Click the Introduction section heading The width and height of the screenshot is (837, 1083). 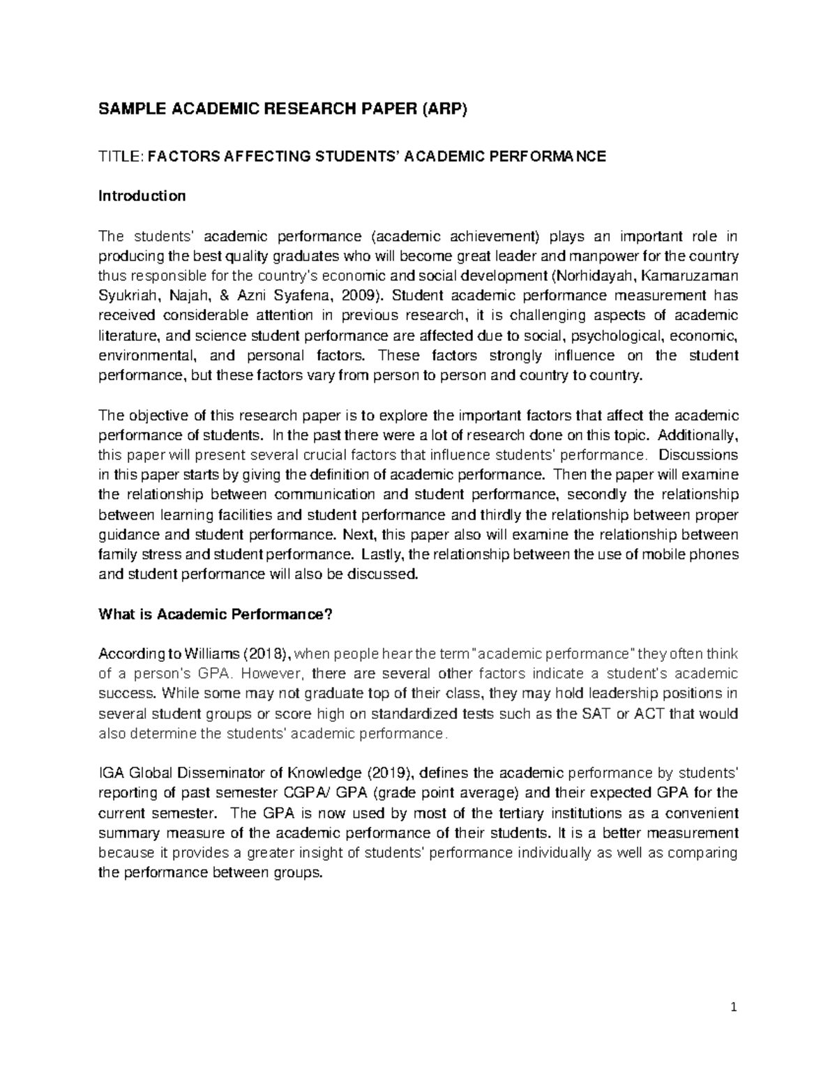click(x=142, y=196)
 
